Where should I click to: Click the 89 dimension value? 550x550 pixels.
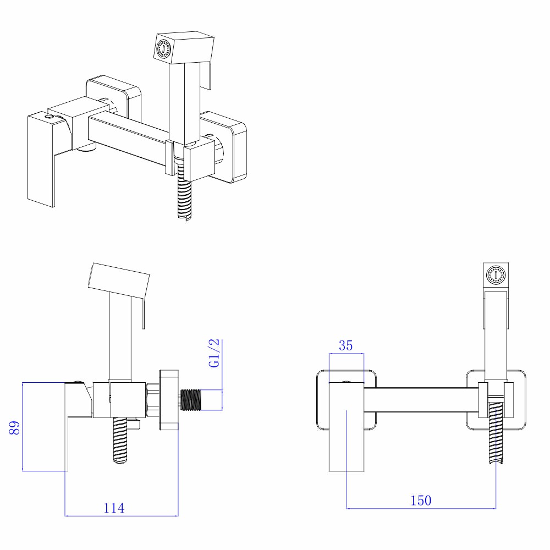pyautogui.click(x=15, y=428)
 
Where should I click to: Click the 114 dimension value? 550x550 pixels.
pyautogui.click(x=114, y=508)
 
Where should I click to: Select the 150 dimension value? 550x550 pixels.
pyautogui.click(x=421, y=500)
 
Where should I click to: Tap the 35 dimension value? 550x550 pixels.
pyautogui.click(x=345, y=345)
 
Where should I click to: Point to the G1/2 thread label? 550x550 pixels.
pyautogui.click(x=215, y=353)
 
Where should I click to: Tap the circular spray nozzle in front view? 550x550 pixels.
pyautogui.click(x=497, y=273)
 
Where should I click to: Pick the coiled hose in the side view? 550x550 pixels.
pyautogui.click(x=122, y=440)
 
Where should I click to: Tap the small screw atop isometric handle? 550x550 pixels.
pyautogui.click(x=51, y=116)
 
